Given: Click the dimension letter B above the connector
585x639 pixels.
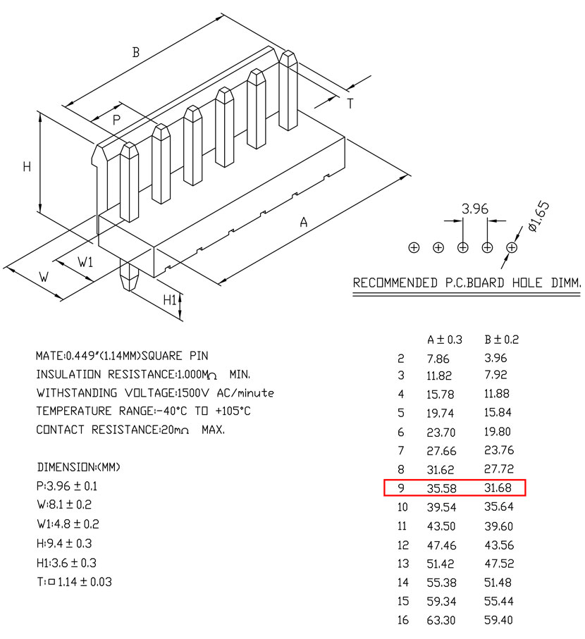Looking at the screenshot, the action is coord(136,52).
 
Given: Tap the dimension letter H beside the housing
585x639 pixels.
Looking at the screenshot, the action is coord(27,167).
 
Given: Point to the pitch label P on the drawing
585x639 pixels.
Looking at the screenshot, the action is coord(116,120).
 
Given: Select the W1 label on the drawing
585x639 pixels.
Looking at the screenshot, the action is coord(85,261).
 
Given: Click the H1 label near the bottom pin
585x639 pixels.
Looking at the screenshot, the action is coord(170,300).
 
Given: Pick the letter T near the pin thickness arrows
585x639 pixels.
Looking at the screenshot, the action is coord(350,104).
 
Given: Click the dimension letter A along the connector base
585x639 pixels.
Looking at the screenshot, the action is coord(303,222).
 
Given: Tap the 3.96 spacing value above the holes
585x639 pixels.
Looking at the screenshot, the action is coord(474,209).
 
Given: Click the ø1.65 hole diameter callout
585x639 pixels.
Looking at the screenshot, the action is coord(538,216).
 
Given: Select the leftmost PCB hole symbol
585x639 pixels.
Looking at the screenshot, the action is coord(414,247).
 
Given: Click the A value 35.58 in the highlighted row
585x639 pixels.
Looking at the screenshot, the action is coord(441,488).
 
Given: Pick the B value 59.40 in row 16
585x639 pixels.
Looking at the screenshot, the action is coord(498,620).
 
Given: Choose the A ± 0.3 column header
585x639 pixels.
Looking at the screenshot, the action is coord(445,340).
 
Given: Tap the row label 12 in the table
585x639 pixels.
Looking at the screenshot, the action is coord(402,545).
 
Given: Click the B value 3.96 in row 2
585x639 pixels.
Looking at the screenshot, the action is coord(495,358).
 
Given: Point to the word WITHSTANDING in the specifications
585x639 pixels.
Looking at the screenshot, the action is coord(77,393).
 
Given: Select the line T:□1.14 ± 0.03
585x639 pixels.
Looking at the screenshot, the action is coord(74,582).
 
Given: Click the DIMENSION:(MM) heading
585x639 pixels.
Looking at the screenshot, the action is coord(79,467).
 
